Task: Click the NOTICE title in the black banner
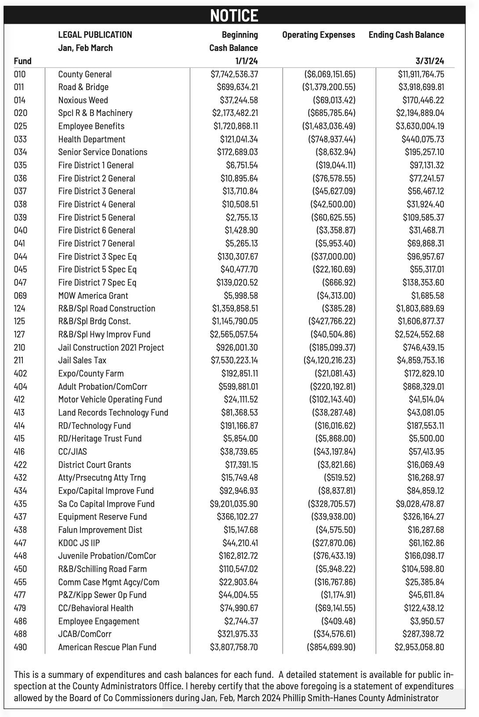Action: (234, 15)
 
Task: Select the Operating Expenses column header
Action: (319, 35)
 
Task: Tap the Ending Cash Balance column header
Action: (406, 35)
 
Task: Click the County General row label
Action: (85, 74)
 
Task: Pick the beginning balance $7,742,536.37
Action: (234, 74)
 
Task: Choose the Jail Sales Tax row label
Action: (82, 360)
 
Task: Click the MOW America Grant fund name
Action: (93, 296)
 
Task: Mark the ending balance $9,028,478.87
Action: (420, 504)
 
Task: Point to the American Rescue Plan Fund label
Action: (107, 647)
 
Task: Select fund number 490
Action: (20, 647)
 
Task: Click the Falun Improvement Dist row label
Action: (100, 530)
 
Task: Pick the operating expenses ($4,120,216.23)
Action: (329, 360)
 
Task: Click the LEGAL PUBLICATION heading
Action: (95, 35)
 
